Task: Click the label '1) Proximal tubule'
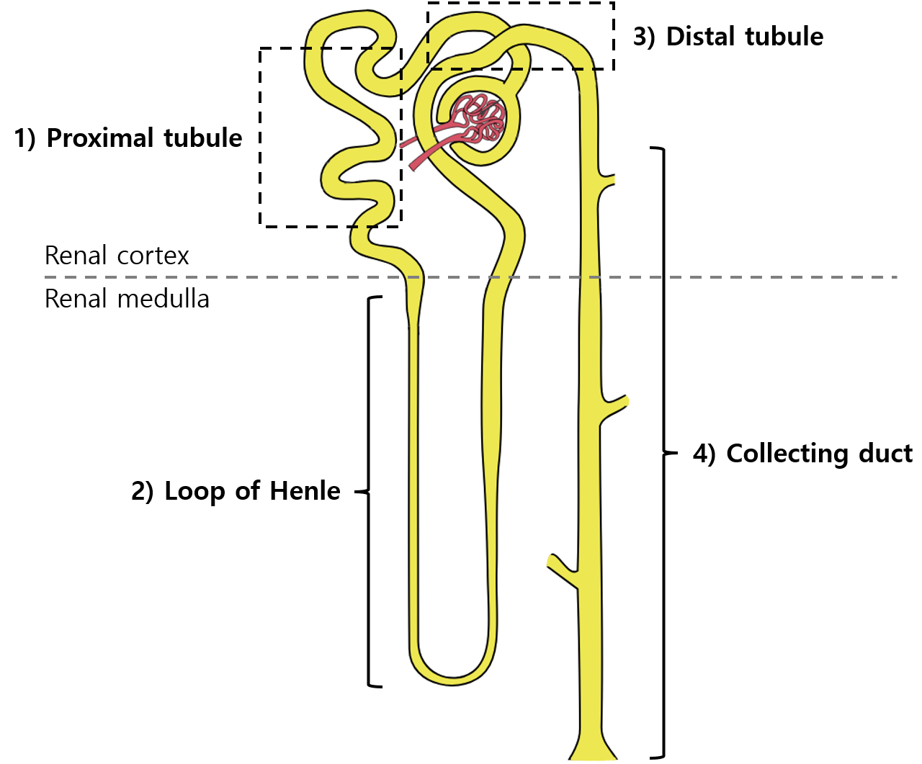[128, 138]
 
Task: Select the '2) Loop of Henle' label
[236, 491]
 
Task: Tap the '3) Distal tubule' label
[728, 37]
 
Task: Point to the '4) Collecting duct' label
[802, 454]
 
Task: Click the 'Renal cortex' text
[117, 256]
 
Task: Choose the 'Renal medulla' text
[127, 299]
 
